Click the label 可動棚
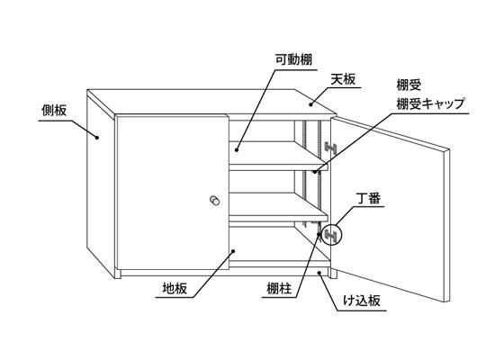293,59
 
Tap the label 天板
343,79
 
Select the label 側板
54,110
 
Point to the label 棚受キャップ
430,103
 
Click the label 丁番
369,199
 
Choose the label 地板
175,289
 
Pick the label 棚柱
279,289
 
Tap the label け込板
362,301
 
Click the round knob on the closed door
215,200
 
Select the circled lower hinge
331,234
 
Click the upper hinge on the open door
331,148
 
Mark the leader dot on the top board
310,104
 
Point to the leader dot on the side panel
97,137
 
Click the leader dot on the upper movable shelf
237,149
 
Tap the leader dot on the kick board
319,272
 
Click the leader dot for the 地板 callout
233,251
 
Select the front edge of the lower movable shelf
279,218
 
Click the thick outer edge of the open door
446,225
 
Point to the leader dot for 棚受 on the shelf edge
315,172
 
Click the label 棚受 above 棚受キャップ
409,85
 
